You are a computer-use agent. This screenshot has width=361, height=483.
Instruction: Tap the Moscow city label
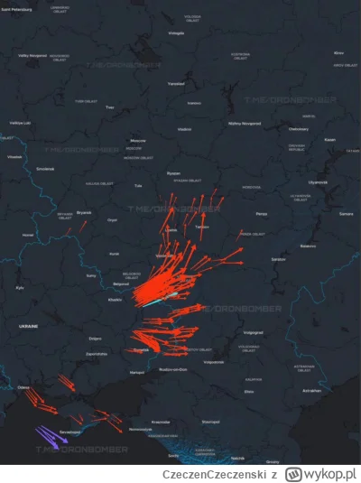coord(138,141)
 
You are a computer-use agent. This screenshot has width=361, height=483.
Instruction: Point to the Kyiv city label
coord(20,287)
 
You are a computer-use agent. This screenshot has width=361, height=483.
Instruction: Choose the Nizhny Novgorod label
coord(246,122)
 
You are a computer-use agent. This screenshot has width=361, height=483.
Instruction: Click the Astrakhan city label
coord(311,390)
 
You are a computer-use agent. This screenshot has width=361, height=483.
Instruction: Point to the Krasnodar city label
coord(162,422)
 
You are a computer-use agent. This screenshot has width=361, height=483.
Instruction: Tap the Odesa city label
coord(22,388)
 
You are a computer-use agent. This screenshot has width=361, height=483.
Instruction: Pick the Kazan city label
coord(329,139)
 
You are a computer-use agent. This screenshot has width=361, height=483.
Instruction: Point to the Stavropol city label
coord(211,421)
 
